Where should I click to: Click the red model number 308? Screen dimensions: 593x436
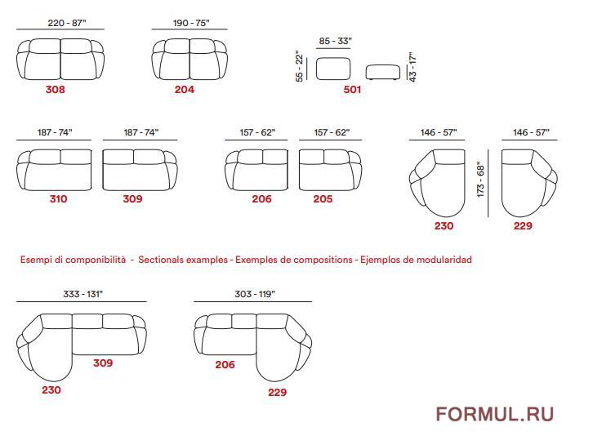click(x=56, y=90)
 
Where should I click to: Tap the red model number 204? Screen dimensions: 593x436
click(x=184, y=90)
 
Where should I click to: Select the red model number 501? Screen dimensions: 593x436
click(x=352, y=90)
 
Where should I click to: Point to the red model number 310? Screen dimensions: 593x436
click(x=58, y=199)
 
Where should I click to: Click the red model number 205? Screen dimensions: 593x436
click(x=323, y=199)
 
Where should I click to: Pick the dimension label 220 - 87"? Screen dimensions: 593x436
click(x=67, y=23)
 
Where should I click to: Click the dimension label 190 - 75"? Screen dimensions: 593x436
click(x=191, y=23)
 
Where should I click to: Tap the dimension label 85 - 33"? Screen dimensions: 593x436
click(x=335, y=41)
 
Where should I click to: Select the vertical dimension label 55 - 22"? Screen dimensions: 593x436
click(x=300, y=67)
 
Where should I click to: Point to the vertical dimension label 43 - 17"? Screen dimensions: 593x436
click(x=412, y=67)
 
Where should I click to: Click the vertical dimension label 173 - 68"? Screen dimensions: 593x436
click(x=480, y=180)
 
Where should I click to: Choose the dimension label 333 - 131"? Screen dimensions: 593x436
click(x=82, y=294)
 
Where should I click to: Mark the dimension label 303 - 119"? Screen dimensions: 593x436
click(x=255, y=294)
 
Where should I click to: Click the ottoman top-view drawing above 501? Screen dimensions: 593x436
click(x=333, y=69)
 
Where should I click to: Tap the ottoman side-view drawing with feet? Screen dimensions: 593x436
click(x=383, y=72)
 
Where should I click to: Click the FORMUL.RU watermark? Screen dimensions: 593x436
click(x=495, y=414)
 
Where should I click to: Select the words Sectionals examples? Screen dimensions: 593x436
click(x=183, y=260)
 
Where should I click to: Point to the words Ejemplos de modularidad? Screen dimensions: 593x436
click(x=416, y=260)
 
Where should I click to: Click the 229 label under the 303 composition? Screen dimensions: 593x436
click(x=277, y=393)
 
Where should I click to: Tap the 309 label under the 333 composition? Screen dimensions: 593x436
click(x=103, y=363)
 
